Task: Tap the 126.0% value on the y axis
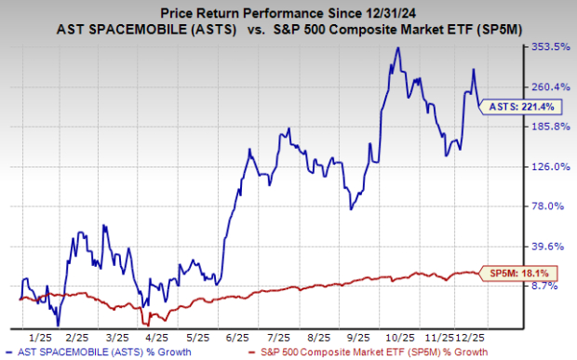click(547, 167)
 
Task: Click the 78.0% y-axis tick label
click(549, 207)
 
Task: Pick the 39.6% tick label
click(549, 247)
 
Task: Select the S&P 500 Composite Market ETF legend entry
click(369, 352)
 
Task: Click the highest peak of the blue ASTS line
click(398, 47)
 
